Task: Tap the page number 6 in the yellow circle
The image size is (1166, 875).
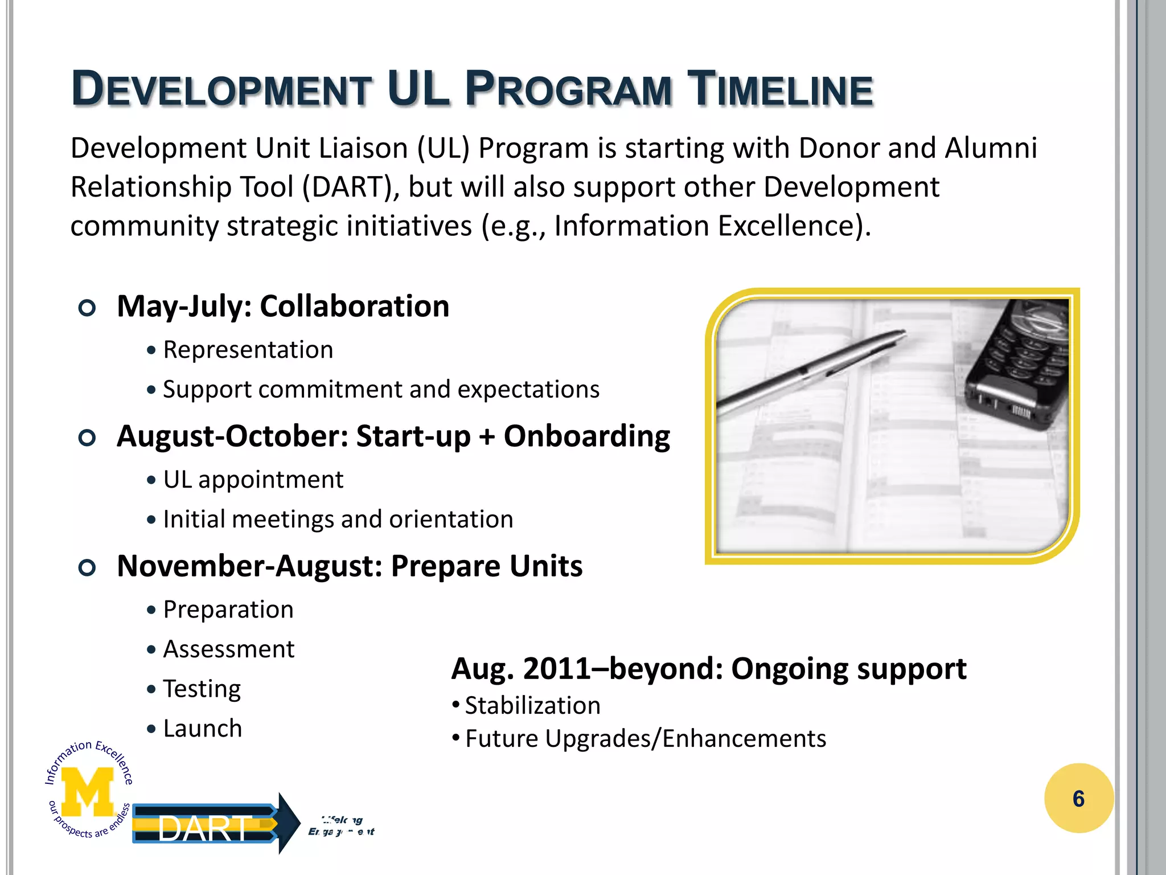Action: [1078, 799]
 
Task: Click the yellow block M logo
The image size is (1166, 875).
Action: [87, 791]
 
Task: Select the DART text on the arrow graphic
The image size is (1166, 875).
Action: [204, 828]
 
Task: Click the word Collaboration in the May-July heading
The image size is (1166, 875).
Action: [354, 306]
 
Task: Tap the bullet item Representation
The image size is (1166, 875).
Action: [248, 350]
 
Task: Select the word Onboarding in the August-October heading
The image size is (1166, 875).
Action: [586, 436]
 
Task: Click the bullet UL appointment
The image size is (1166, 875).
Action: [253, 480]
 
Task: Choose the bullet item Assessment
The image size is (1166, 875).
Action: [228, 649]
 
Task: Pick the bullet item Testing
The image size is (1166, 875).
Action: [202, 689]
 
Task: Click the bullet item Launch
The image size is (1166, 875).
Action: [202, 729]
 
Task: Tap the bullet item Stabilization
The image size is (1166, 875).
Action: [532, 706]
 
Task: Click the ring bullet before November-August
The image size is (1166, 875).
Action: [87, 567]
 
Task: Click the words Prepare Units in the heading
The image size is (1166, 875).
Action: [486, 566]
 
